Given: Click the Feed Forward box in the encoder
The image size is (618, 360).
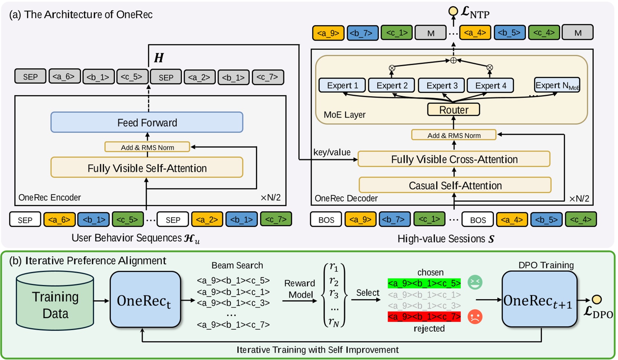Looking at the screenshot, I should (147, 122).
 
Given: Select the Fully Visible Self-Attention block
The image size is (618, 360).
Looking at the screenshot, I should (147, 168).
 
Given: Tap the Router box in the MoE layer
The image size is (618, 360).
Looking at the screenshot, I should (453, 110).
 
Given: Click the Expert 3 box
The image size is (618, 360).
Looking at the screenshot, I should (442, 85).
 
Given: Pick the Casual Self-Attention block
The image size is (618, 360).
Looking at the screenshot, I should (455, 185).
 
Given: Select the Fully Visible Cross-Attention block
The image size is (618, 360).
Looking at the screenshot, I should (454, 159).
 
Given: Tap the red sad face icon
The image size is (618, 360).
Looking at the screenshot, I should (475, 317).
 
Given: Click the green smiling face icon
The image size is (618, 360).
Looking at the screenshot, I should (475, 282).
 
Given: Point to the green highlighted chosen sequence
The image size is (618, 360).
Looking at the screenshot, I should (424, 283).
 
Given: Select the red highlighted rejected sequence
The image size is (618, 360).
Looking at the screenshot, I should (424, 317).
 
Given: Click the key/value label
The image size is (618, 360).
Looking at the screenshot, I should (331, 152).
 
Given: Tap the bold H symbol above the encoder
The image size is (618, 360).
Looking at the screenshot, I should (159, 58).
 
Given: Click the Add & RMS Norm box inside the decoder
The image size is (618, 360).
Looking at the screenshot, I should (453, 135).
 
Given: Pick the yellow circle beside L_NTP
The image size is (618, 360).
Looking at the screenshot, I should (453, 11).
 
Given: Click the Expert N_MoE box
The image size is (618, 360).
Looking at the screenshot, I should (557, 85).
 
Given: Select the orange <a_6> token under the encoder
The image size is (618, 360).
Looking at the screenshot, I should (59, 220).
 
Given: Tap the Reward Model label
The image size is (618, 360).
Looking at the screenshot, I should (300, 289).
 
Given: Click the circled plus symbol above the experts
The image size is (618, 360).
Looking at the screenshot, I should (453, 60).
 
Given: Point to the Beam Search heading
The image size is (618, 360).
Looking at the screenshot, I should (237, 265).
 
